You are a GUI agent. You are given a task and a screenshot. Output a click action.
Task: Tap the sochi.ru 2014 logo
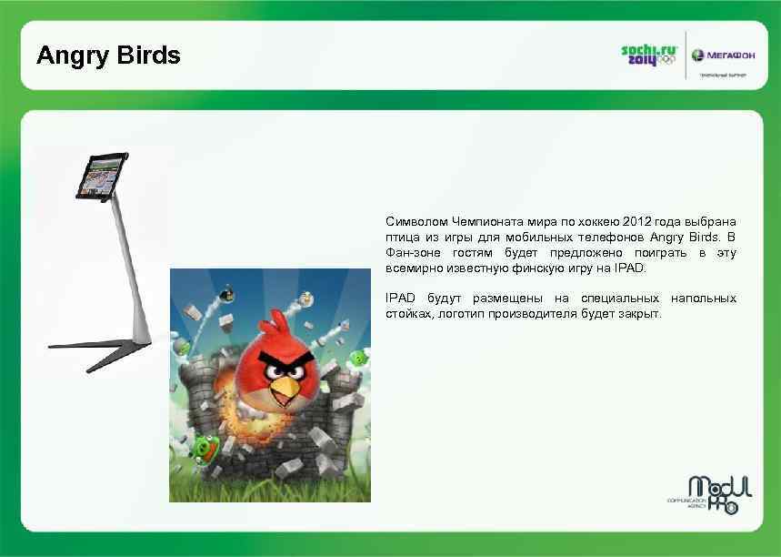[x=646, y=55]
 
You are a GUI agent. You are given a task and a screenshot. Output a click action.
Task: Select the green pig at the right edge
[x=360, y=358]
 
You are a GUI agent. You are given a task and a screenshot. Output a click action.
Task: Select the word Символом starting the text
[x=416, y=221]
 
